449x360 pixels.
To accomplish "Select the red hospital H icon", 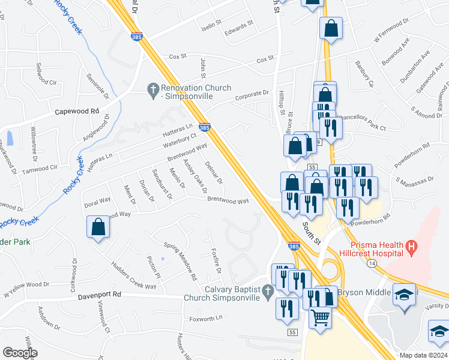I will click(411, 246).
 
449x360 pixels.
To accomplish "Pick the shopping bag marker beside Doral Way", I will click(98, 228).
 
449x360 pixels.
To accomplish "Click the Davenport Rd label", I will click(99, 295).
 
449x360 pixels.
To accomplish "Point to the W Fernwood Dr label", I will click(391, 28).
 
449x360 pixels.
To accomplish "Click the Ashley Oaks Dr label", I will click(195, 176).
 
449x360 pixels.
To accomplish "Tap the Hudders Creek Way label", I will click(133, 276).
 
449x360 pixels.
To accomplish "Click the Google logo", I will click(20, 353).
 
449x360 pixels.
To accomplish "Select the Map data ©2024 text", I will click(423, 355).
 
